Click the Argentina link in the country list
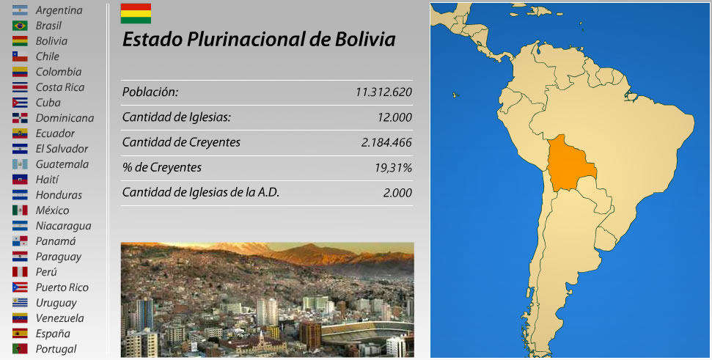pyautogui.click(x=59, y=10)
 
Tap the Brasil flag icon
pyautogui.click(x=20, y=26)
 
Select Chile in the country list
pyautogui.click(x=48, y=56)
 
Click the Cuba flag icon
pyautogui.click(x=20, y=103)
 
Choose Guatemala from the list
pyautogui.click(x=62, y=164)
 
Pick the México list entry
pyautogui.click(x=52, y=210)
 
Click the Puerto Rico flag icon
pyautogui.click(x=20, y=287)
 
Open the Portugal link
pyautogui.click(x=56, y=349)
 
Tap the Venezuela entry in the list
pyautogui.click(x=59, y=318)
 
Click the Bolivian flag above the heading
pyautogui.click(x=136, y=13)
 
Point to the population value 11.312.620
pyautogui.click(x=383, y=92)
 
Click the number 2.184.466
pyautogui.click(x=386, y=142)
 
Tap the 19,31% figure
pyautogui.click(x=393, y=168)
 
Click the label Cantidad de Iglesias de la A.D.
pyautogui.click(x=201, y=193)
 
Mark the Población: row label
pyautogui.click(x=150, y=92)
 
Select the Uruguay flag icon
pyautogui.click(x=20, y=303)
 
